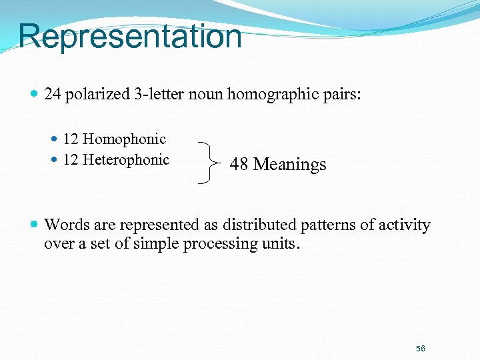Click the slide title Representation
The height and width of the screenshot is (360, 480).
pyautogui.click(x=130, y=36)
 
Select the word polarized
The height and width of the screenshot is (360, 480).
pyautogui.click(x=97, y=94)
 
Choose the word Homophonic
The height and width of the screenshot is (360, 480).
pyautogui.click(x=124, y=139)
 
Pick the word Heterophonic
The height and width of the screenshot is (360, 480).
pyautogui.click(x=126, y=160)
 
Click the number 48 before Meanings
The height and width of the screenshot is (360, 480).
pyautogui.click(x=239, y=164)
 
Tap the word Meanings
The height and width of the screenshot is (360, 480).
pyautogui.click(x=290, y=165)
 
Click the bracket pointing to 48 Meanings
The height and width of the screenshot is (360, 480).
pyautogui.click(x=210, y=162)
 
